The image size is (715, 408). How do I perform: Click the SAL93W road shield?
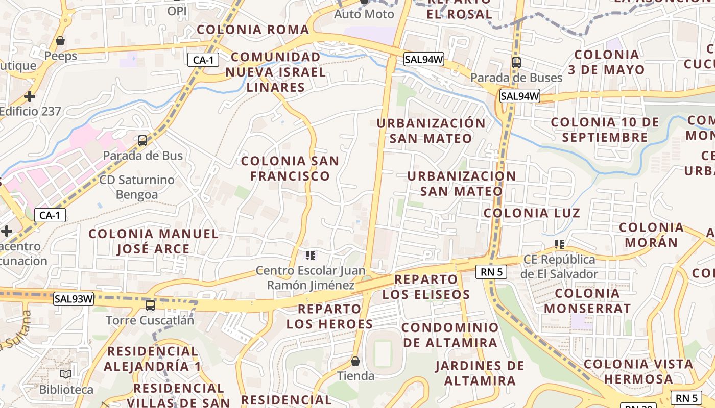tap(74, 299)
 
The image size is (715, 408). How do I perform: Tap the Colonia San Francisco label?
tap(290, 168)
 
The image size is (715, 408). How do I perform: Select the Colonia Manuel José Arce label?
tap(153, 241)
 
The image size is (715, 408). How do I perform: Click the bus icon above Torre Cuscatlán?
tap(150, 305)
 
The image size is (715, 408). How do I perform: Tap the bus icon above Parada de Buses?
tap(516, 63)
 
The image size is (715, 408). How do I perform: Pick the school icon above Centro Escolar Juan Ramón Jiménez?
tap(310, 255)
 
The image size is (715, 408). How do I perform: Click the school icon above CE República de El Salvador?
tap(559, 244)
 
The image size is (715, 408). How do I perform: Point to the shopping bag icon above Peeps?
tap(60, 41)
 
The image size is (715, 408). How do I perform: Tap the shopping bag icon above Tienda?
tap(355, 361)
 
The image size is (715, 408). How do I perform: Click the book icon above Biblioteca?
tap(66, 374)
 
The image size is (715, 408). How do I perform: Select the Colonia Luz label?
tap(532, 213)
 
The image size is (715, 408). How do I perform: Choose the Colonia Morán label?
tap(651, 235)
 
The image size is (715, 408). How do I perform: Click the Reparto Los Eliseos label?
tap(426, 287)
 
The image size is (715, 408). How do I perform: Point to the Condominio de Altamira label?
tap(450, 335)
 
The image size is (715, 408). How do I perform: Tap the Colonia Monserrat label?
tap(587, 300)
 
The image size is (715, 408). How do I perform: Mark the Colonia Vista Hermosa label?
tap(638, 371)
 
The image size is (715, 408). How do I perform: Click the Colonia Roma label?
tap(253, 30)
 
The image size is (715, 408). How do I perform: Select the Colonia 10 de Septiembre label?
tap(605, 130)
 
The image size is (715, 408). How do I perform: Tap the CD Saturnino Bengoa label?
tap(137, 187)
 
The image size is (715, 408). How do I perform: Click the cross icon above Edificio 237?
tap(30, 96)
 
